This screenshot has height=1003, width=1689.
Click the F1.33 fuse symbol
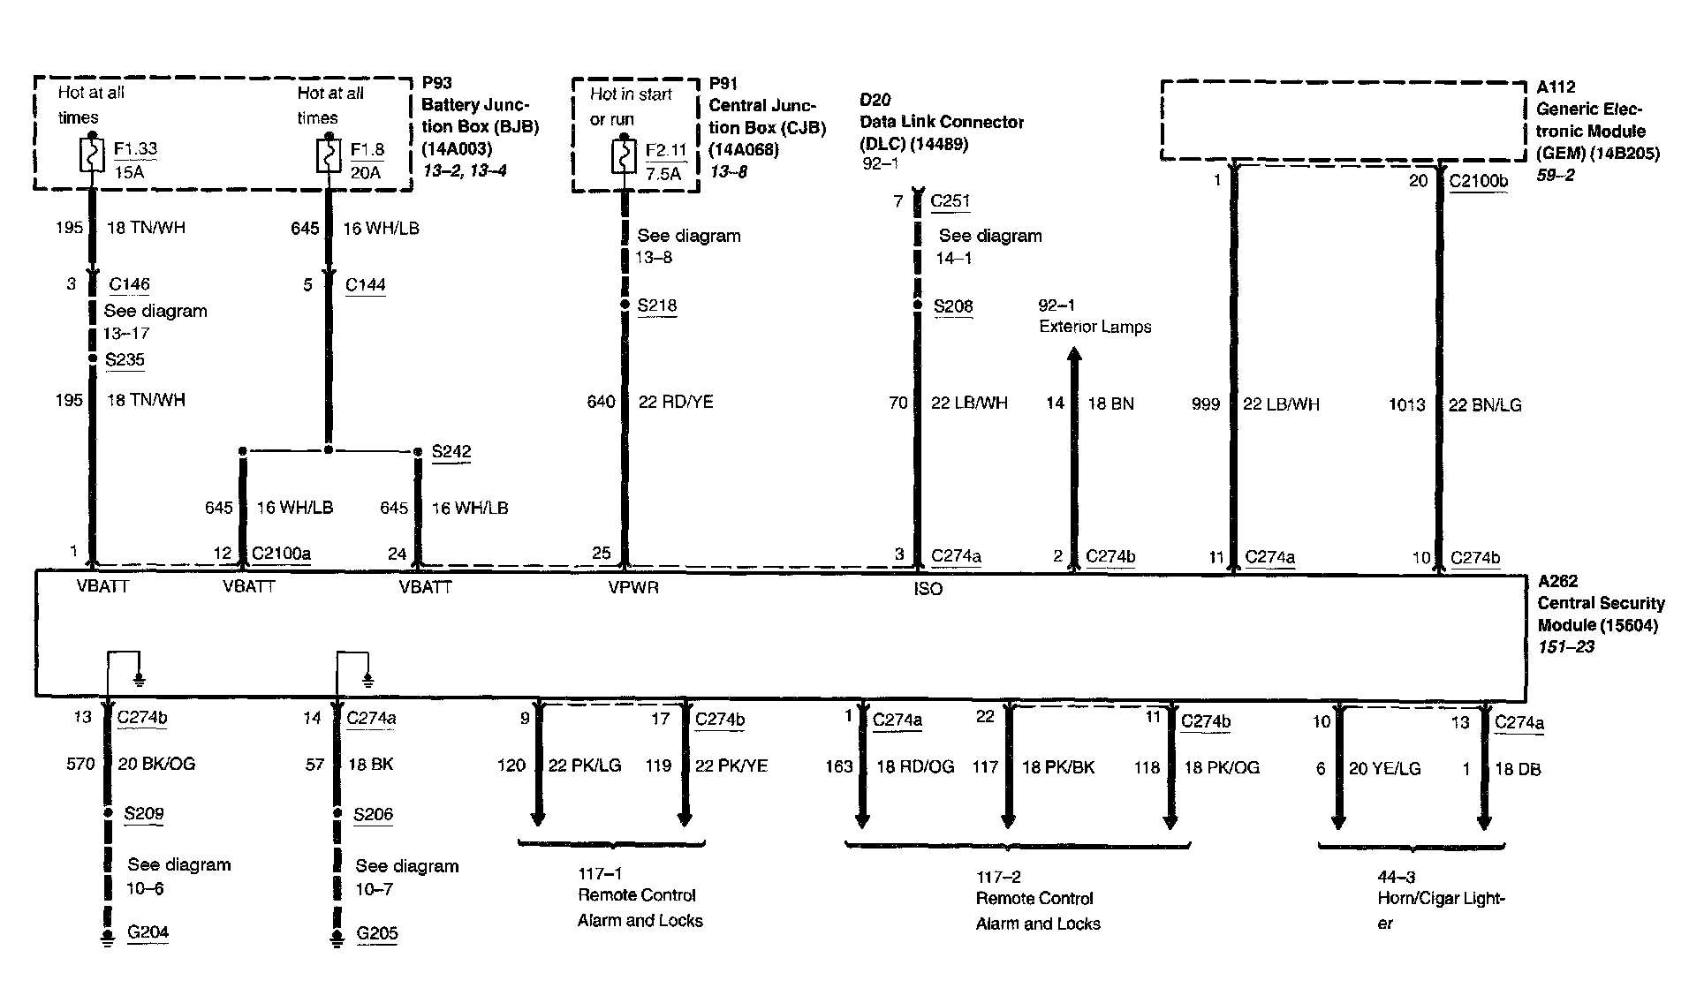point(93,156)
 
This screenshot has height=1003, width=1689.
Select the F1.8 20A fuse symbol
point(329,157)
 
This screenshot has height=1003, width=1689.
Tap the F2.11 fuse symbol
point(624,158)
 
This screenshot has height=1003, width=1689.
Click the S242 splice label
point(451,451)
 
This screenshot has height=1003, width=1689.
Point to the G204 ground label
point(148,931)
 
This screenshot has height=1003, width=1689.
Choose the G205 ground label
point(377,932)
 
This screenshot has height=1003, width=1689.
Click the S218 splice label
point(656,305)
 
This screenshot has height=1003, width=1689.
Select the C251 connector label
point(950,200)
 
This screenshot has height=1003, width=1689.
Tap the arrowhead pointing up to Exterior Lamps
point(1074,355)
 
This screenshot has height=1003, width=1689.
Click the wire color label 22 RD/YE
point(676,402)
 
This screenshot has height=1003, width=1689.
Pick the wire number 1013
point(1406,404)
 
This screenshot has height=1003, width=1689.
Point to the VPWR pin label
point(633,587)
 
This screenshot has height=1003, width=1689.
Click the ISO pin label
point(928,589)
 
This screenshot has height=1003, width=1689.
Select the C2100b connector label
point(1478,182)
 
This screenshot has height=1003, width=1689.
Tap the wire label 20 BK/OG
point(156,764)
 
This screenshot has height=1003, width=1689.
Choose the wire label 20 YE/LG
point(1384,769)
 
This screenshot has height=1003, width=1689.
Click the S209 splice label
point(143,813)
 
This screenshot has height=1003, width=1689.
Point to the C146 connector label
point(129,284)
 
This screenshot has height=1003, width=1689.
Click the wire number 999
point(1205,403)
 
